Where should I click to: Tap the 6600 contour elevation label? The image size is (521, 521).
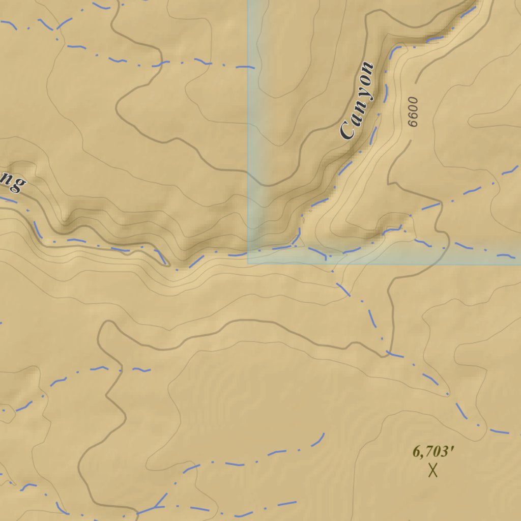[412, 111]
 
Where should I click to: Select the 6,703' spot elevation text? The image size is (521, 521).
[432, 451]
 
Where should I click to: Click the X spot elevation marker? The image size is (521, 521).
[433, 470]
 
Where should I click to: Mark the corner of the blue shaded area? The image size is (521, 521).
[248, 263]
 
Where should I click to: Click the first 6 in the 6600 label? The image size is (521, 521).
[414, 123]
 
